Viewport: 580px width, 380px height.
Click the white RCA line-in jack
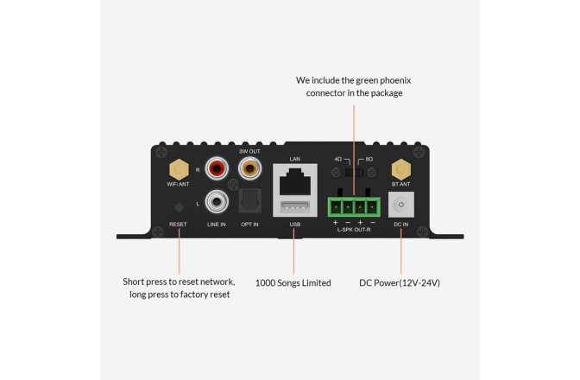coord(217,203)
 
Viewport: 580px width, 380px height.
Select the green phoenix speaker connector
coord(353,206)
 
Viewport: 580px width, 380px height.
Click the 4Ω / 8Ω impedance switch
coord(353,173)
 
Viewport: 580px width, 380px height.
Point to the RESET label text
coord(179,225)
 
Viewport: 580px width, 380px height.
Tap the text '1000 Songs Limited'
coord(293,282)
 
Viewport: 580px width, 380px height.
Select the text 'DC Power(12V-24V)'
coord(400,282)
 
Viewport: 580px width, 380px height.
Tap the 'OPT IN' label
coord(249,225)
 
